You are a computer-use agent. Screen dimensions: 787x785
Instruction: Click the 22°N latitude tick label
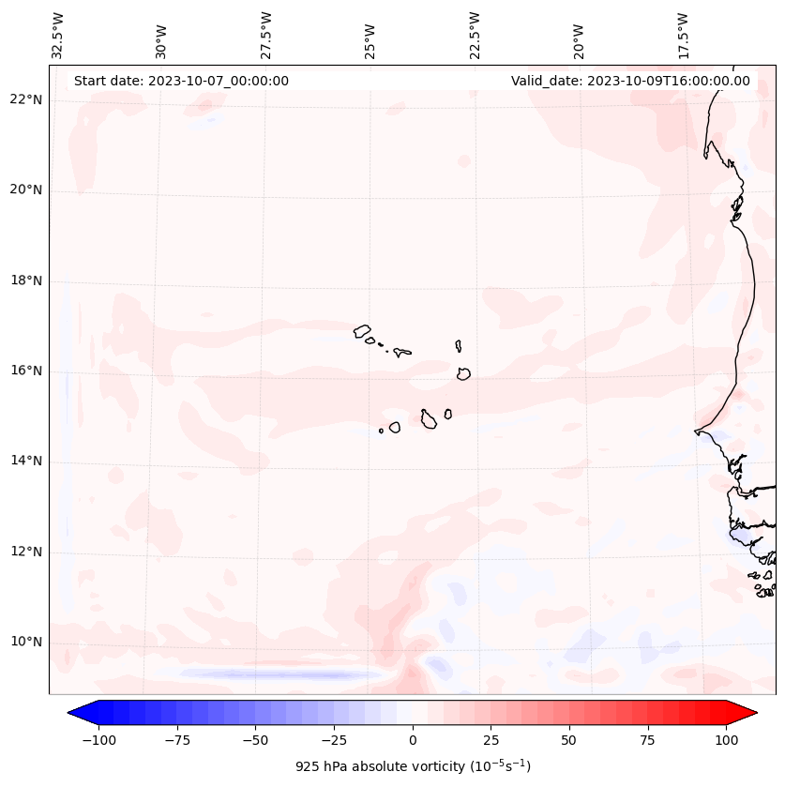pos(26,100)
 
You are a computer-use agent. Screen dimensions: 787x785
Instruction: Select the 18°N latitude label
pos(26,281)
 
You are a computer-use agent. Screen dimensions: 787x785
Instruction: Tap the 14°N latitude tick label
pos(26,462)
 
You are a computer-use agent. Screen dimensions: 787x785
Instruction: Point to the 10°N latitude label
pos(26,643)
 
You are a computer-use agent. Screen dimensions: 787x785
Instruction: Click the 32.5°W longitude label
pos(58,36)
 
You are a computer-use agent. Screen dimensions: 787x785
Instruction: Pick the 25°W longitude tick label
pos(370,36)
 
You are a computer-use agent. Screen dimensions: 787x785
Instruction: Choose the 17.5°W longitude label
pos(684,36)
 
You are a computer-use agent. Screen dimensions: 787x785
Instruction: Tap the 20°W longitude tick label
pos(580,36)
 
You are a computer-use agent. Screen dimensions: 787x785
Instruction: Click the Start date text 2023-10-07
pos(181,81)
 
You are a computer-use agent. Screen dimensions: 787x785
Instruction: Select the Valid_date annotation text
pos(630,81)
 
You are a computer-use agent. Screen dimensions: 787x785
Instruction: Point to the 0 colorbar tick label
pos(413,740)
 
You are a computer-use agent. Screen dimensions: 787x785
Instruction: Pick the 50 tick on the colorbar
pos(569,740)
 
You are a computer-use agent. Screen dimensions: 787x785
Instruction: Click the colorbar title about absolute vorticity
pos(413,766)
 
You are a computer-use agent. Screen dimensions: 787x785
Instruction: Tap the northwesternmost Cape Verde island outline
pos(362,330)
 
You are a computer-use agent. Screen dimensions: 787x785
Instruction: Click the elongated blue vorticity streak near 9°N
pos(272,673)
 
